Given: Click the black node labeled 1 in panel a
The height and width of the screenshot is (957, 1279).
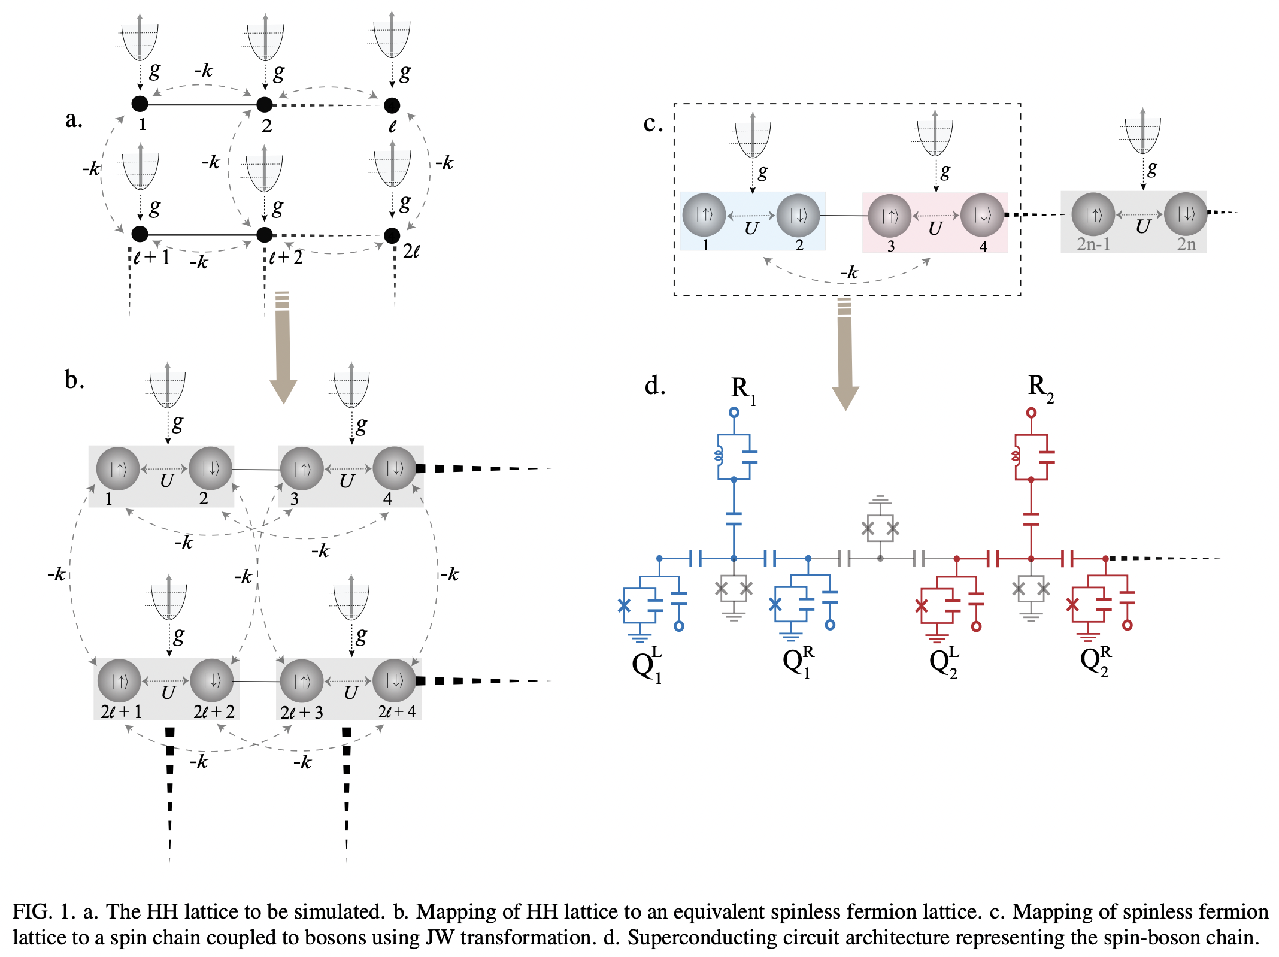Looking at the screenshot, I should pyautogui.click(x=140, y=104).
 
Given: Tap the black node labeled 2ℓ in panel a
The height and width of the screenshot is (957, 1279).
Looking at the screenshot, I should pyautogui.click(x=392, y=235).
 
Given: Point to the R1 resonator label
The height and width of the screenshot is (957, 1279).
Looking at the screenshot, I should pyautogui.click(x=743, y=389).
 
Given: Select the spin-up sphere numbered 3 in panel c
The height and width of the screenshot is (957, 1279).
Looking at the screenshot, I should pyautogui.click(x=889, y=215).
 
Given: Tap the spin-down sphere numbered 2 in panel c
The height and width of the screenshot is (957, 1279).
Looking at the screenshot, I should pyautogui.click(x=798, y=215).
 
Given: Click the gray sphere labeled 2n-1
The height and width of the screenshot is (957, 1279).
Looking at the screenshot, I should pyautogui.click(x=1093, y=214).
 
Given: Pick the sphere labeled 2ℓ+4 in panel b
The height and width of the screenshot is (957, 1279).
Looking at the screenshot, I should pyautogui.click(x=394, y=681).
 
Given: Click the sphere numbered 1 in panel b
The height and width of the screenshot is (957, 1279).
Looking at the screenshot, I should pyautogui.click(x=118, y=468).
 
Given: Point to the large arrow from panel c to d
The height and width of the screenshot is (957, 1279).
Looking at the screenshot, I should pyautogui.click(x=845, y=353).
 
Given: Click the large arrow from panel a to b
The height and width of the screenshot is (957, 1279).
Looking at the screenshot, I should pyautogui.click(x=283, y=347).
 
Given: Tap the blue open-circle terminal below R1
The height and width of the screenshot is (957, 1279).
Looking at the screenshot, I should pyautogui.click(x=734, y=412).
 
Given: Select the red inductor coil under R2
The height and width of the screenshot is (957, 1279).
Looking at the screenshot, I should pyautogui.click(x=1015, y=457).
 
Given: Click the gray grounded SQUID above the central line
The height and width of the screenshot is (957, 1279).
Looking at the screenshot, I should pyautogui.click(x=880, y=528).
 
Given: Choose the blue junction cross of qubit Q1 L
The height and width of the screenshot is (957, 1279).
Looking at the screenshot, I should pyautogui.click(x=624, y=605).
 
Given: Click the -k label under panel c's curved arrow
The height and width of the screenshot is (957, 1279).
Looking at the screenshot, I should pyautogui.click(x=848, y=272).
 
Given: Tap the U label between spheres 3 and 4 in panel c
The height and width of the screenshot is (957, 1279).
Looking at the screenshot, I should pyautogui.click(x=935, y=228).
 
